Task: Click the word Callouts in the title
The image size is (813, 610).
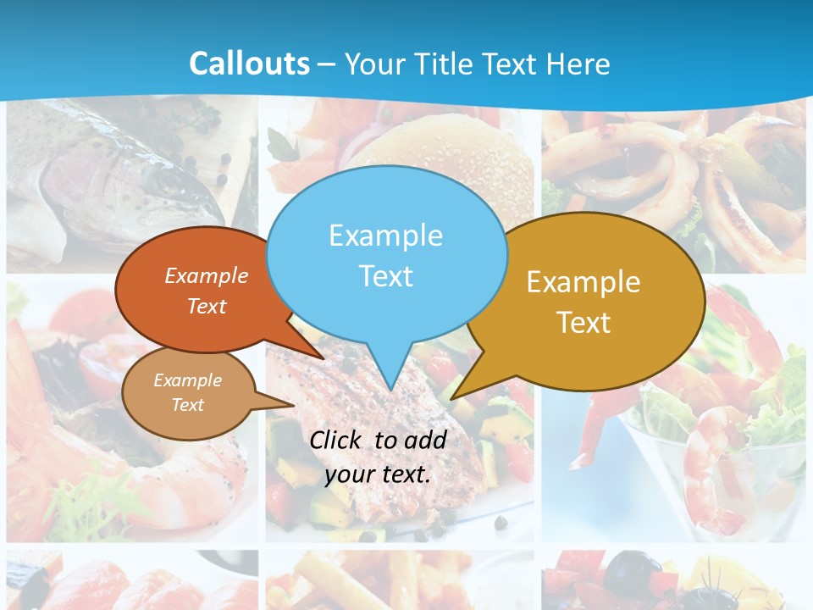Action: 249,64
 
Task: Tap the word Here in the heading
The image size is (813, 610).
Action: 579,64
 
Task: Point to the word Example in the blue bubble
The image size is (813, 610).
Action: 385,236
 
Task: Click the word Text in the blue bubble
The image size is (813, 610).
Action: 385,276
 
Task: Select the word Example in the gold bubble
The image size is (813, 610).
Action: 583,282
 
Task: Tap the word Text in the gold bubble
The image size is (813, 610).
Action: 583,323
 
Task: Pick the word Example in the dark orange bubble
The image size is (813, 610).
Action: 207,275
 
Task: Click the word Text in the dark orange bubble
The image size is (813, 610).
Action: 207,306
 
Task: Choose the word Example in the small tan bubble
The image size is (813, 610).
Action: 187,380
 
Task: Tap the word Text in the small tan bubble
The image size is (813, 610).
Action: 187,405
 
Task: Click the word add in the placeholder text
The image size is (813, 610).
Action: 425,440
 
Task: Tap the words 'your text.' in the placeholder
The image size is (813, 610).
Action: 378,474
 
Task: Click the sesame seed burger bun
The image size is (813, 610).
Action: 457,161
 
